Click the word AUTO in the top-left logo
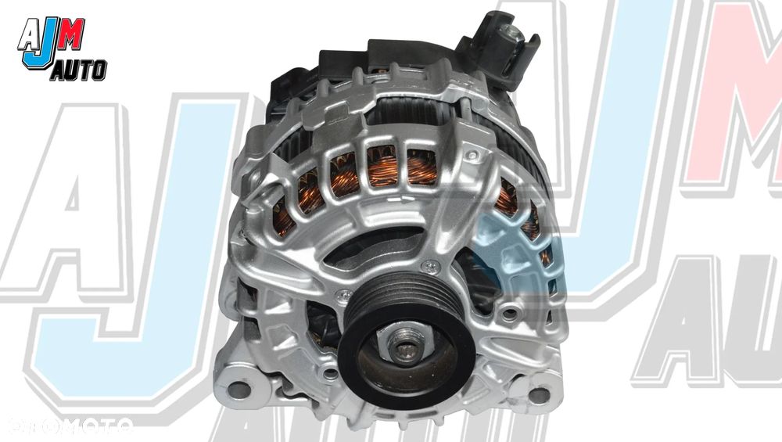coord(79,71)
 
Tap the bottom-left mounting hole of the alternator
coord(239,390)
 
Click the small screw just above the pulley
coord(429,268)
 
